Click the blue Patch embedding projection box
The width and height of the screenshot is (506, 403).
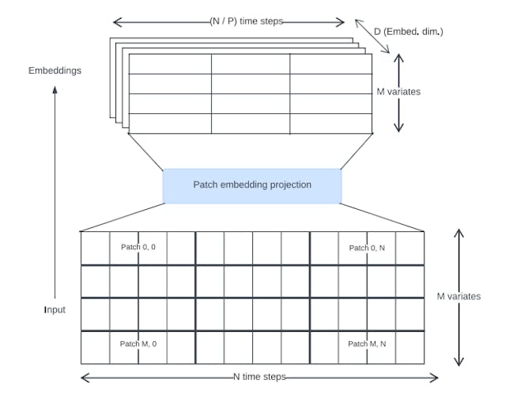252,185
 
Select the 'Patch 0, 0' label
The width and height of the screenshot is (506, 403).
138,248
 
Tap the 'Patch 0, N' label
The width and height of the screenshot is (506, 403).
366,248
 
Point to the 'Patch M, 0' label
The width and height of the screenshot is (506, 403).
138,344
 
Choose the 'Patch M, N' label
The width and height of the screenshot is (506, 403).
366,344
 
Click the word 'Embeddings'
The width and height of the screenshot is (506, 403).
55,70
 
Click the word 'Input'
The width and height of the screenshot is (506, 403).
55,310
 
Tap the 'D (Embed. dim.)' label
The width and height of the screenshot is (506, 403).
409,31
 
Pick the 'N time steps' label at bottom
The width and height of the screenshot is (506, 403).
259,378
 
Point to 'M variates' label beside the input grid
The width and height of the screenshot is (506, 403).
459,296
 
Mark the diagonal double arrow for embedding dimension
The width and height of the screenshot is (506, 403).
372,37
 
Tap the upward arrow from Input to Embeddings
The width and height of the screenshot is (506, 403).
55,190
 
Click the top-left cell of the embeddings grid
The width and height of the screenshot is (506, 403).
169,63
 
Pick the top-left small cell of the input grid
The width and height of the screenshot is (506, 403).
95,248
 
